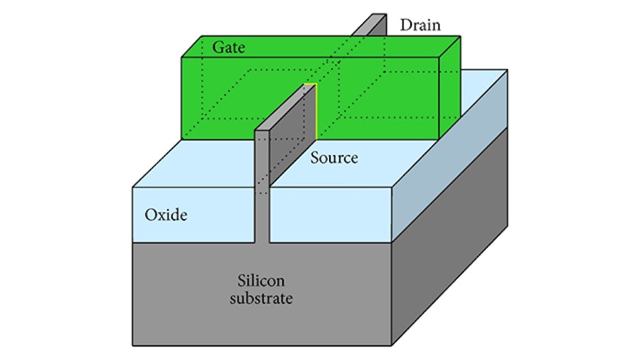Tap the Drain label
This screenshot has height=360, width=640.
[x=420, y=26]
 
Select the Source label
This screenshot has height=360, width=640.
[x=334, y=157]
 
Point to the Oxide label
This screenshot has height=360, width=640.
[x=166, y=214]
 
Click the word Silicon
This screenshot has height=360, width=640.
[x=262, y=280]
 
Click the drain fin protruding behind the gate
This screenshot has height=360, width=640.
[x=370, y=26]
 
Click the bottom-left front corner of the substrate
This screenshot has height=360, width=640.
[x=133, y=345]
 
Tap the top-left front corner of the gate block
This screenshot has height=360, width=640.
[x=181, y=57]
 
